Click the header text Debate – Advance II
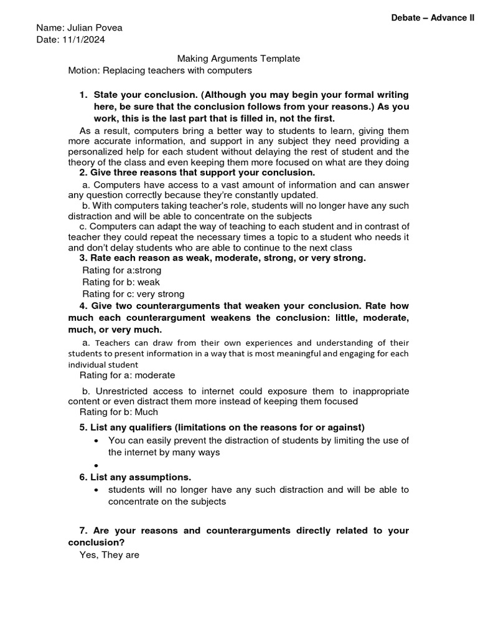click(433, 18)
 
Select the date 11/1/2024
click(83, 40)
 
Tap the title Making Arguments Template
click(238, 59)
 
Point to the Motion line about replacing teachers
click(160, 70)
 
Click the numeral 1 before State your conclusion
click(82, 95)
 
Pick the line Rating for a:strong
click(121, 270)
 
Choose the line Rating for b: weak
click(121, 282)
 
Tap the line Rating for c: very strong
click(133, 294)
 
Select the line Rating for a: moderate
click(127, 375)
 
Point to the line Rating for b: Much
click(118, 412)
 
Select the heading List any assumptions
click(141, 477)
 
